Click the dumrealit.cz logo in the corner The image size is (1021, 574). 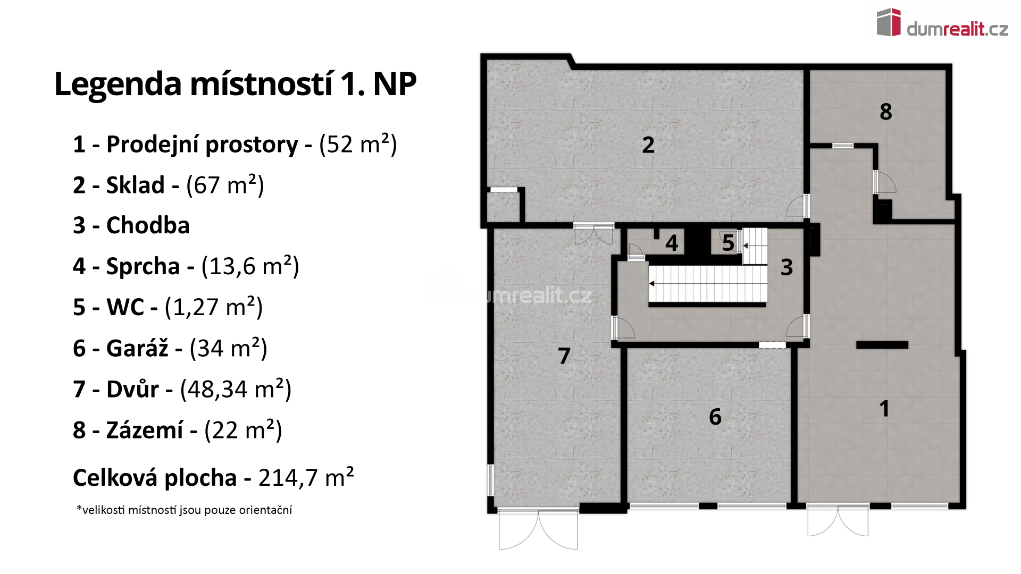[x=942, y=23]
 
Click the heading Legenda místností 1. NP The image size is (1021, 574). [x=235, y=84]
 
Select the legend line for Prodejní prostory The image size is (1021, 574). [x=235, y=145]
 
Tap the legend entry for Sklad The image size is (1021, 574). [x=169, y=185]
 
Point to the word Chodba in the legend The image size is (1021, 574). [x=148, y=225]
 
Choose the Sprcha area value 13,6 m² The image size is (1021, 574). [x=250, y=266]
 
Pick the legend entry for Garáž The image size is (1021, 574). [x=170, y=349]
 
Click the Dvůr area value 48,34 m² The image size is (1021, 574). [x=236, y=389]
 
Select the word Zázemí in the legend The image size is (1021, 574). [x=145, y=429]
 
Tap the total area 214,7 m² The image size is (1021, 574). [x=306, y=477]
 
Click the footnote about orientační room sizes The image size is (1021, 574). [x=185, y=510]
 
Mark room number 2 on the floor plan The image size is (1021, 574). [x=648, y=145]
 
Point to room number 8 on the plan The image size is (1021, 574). [x=886, y=112]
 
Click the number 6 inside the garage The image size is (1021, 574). [x=715, y=417]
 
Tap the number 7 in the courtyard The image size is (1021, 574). [x=564, y=356]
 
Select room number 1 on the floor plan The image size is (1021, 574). [x=884, y=409]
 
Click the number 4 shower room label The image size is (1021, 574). [x=672, y=243]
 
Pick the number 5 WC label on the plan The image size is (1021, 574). [x=728, y=243]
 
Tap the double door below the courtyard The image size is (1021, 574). [x=538, y=529]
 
